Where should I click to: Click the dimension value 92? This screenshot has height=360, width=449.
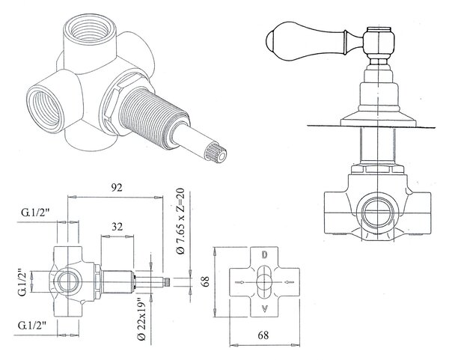(117, 187)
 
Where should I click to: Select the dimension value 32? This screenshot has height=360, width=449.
(117, 227)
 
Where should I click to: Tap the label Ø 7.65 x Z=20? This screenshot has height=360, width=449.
(180, 221)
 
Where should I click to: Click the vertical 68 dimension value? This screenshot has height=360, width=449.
(205, 281)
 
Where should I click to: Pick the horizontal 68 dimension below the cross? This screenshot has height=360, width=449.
(263, 335)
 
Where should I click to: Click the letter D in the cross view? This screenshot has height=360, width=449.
(265, 254)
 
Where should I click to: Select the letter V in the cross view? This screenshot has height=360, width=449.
(265, 309)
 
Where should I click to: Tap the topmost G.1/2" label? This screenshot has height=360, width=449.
(35, 213)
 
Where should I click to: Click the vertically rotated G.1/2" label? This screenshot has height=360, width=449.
(22, 282)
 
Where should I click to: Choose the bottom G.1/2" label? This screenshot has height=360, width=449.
(32, 326)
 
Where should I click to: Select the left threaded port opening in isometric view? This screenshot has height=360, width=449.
(45, 106)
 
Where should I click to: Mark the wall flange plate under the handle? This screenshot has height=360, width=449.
(378, 122)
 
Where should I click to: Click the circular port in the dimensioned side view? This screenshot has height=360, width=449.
(68, 282)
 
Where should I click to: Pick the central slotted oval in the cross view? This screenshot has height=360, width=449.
(265, 282)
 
